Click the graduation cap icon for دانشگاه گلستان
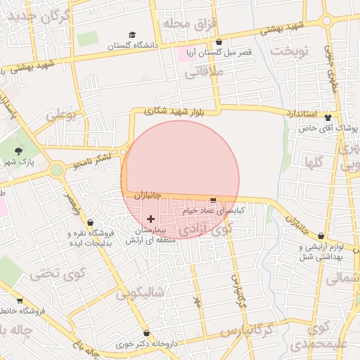click(x=132, y=35)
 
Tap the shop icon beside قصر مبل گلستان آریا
click(x=219, y=41)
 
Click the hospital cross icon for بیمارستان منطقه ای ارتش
click(x=150, y=219)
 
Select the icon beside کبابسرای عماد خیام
click(x=213, y=200)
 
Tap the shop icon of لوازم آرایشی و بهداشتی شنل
click(x=321, y=236)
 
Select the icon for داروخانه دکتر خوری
click(x=146, y=333)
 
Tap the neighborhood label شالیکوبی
click(x=140, y=292)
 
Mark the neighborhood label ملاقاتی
click(x=205, y=72)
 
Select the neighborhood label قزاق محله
click(x=188, y=24)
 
